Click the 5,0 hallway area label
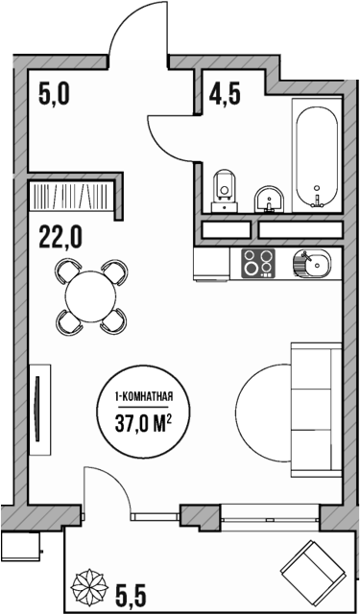tap(56, 94)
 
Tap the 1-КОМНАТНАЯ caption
tap(143, 395)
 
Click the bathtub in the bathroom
tap(315, 158)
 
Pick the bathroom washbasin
tap(267, 198)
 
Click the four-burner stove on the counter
tap(257, 262)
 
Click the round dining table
tap(90, 295)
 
